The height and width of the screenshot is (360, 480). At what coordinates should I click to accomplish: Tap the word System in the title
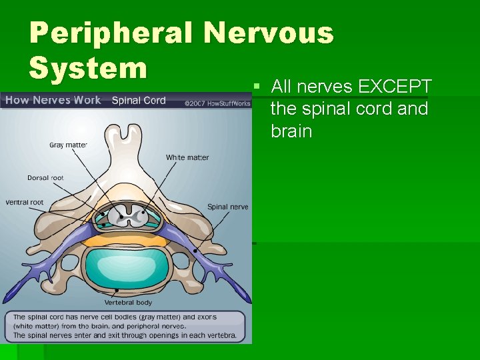click(87, 67)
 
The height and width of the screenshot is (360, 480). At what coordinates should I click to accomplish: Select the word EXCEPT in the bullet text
click(395, 87)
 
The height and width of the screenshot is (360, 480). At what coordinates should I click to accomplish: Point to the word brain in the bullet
click(291, 131)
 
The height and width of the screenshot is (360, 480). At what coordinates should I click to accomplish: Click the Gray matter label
click(68, 145)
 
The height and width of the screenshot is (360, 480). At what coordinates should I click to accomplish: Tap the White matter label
click(187, 157)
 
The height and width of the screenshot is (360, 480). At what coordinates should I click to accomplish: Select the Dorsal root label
click(46, 178)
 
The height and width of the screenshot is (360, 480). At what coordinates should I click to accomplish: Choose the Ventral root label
click(25, 202)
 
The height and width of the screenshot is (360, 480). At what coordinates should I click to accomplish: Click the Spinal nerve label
click(227, 207)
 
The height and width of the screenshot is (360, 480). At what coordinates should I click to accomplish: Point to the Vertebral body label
click(127, 302)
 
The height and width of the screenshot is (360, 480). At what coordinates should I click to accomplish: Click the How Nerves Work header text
click(53, 101)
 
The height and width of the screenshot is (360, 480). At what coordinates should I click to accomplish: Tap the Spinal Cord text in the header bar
click(139, 101)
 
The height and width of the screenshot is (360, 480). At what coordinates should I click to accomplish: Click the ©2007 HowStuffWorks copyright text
click(219, 103)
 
